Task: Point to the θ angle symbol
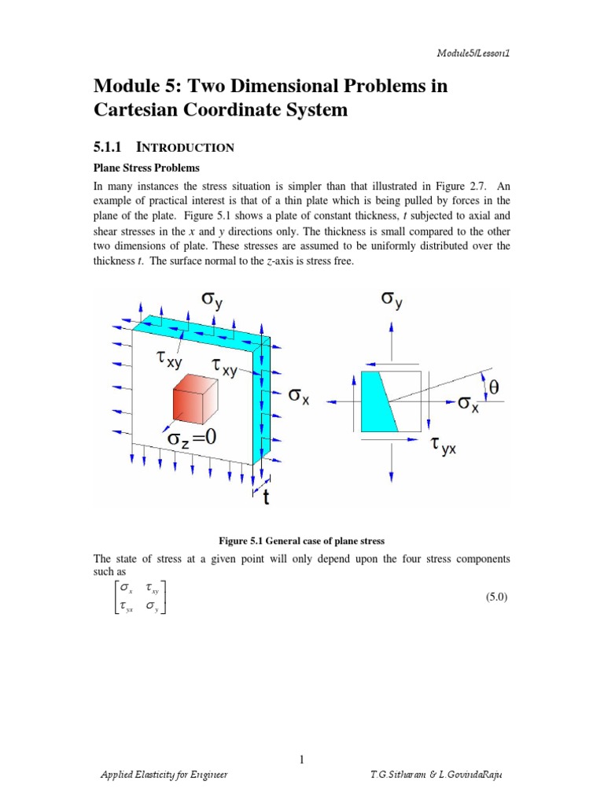pos(494,386)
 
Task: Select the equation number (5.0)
pos(498,597)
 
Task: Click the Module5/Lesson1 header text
pos(477,53)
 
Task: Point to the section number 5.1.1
pos(110,146)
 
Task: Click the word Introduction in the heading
pos(186,147)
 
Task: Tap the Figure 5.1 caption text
pos(301,539)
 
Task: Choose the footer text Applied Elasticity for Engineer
pos(164,775)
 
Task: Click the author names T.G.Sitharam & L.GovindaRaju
pos(435,775)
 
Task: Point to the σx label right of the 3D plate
pos(299,398)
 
